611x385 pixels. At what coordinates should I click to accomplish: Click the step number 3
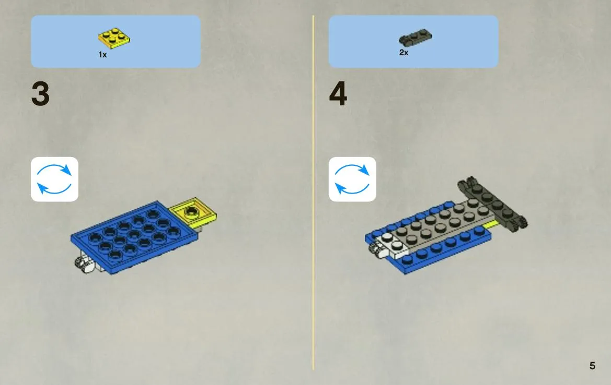(x=41, y=94)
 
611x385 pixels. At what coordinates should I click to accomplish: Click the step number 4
(x=338, y=94)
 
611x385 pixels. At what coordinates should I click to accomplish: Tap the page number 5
(x=592, y=366)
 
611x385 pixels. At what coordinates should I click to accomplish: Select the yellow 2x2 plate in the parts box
(x=114, y=38)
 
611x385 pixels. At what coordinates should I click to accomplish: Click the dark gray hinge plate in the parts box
(x=415, y=37)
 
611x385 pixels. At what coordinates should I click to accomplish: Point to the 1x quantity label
(x=102, y=55)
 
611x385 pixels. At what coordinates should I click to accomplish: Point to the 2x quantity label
(x=404, y=53)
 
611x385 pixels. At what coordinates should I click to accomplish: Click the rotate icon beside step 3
(x=54, y=179)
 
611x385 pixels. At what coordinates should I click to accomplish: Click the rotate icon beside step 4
(x=352, y=179)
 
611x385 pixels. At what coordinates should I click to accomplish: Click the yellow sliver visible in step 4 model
(x=492, y=224)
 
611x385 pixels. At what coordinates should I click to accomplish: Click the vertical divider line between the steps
(x=313, y=192)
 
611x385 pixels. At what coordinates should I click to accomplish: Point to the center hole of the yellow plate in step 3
(x=191, y=212)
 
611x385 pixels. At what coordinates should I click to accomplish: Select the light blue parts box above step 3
(x=116, y=42)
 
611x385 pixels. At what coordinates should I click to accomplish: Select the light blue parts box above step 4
(x=413, y=42)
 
